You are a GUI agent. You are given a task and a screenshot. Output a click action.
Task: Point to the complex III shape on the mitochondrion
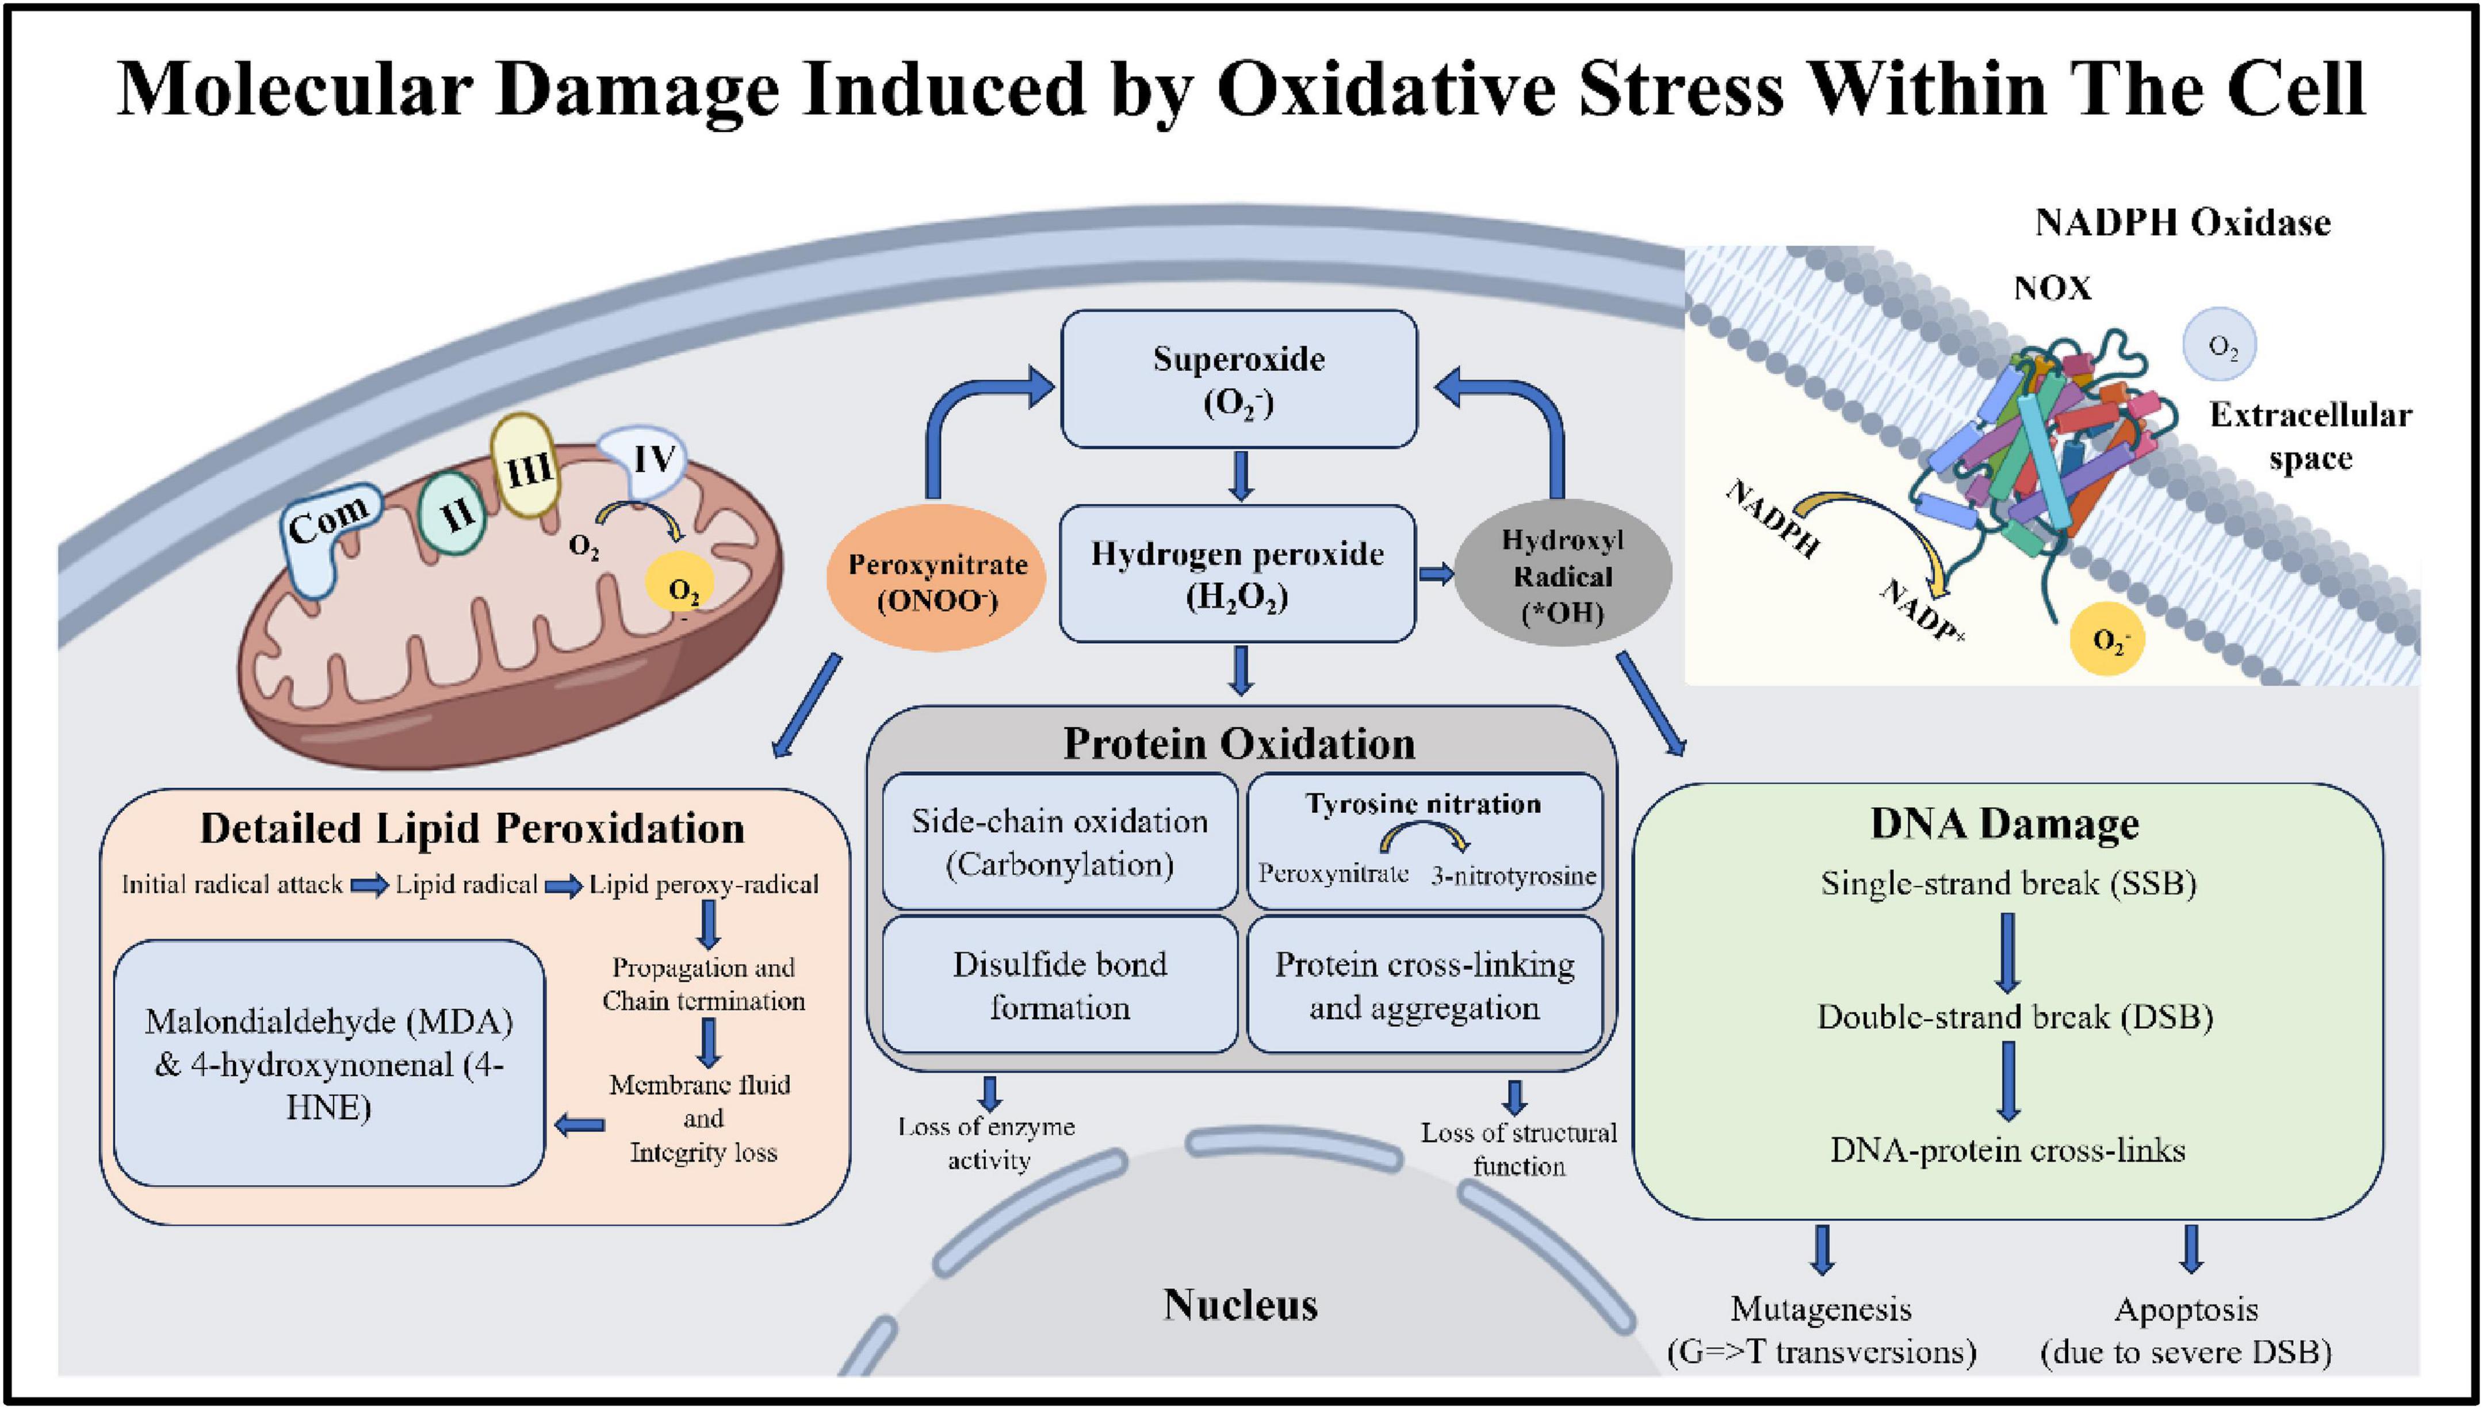pos(525,466)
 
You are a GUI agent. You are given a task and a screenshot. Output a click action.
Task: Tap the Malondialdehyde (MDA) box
pos(329,1062)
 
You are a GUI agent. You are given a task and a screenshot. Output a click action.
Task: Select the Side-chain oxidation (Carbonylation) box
pos(1060,841)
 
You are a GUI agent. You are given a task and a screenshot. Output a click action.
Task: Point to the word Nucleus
pos(1240,1304)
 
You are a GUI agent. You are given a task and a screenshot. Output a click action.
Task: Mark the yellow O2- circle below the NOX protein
pos(2106,640)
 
